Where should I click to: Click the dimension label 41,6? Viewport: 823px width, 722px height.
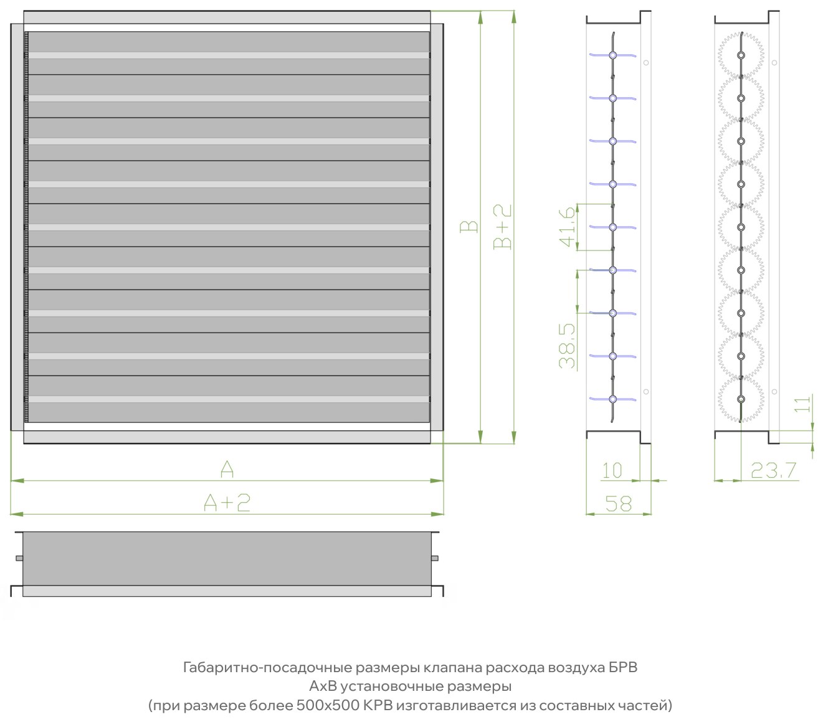tap(567, 227)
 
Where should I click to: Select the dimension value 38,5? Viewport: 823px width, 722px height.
tap(567, 346)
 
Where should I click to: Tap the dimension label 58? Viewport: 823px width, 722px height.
tap(618, 504)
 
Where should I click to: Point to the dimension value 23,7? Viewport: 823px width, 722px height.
tap(773, 470)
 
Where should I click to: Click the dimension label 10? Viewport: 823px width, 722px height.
tap(612, 470)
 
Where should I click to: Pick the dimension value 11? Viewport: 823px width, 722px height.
tap(802, 404)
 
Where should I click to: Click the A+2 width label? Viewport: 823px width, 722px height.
tap(227, 503)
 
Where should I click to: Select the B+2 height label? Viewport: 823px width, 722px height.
tap(502, 227)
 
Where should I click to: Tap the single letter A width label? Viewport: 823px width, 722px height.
tap(227, 469)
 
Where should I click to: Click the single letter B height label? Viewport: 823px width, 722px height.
tap(469, 227)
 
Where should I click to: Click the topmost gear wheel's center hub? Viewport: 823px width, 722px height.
tap(741, 55)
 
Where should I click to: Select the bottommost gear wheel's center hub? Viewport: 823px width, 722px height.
tap(741, 399)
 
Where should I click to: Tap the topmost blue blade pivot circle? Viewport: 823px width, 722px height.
tap(613, 55)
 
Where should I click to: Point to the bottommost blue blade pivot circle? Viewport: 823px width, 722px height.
tap(613, 399)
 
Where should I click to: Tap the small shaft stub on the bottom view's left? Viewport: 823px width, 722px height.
tap(19, 558)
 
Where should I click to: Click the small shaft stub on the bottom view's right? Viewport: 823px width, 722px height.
tap(435, 558)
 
